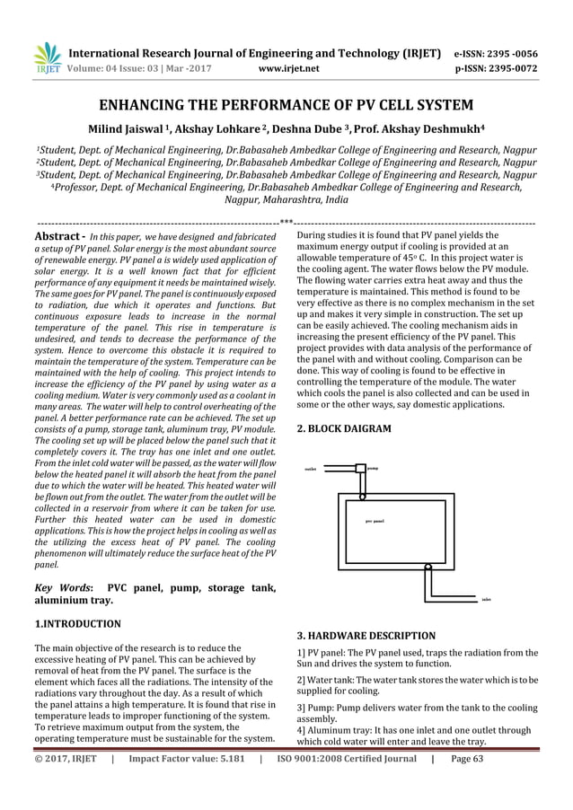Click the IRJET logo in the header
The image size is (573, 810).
pyautogui.click(x=46, y=58)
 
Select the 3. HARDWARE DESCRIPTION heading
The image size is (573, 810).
pyautogui.click(x=366, y=635)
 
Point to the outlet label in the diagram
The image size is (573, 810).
pyautogui.click(x=310, y=468)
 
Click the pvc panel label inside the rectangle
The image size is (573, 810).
pyautogui.click(x=375, y=521)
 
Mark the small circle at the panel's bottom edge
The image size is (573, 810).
pyautogui.click(x=428, y=567)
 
